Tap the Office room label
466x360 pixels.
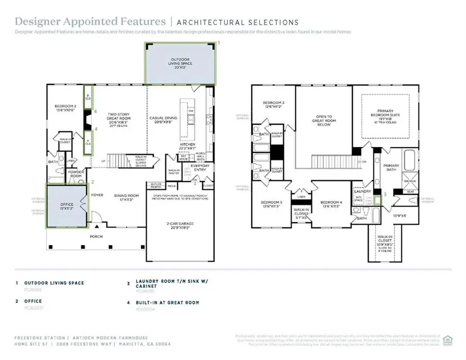(66, 206)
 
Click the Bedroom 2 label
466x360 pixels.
(65, 108)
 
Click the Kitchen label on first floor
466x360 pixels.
(187, 146)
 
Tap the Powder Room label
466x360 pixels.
(76, 175)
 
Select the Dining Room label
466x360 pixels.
(123, 197)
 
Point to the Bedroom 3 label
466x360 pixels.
(273, 104)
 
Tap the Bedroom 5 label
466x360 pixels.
(271, 204)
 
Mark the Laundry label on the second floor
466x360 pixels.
(360, 191)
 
